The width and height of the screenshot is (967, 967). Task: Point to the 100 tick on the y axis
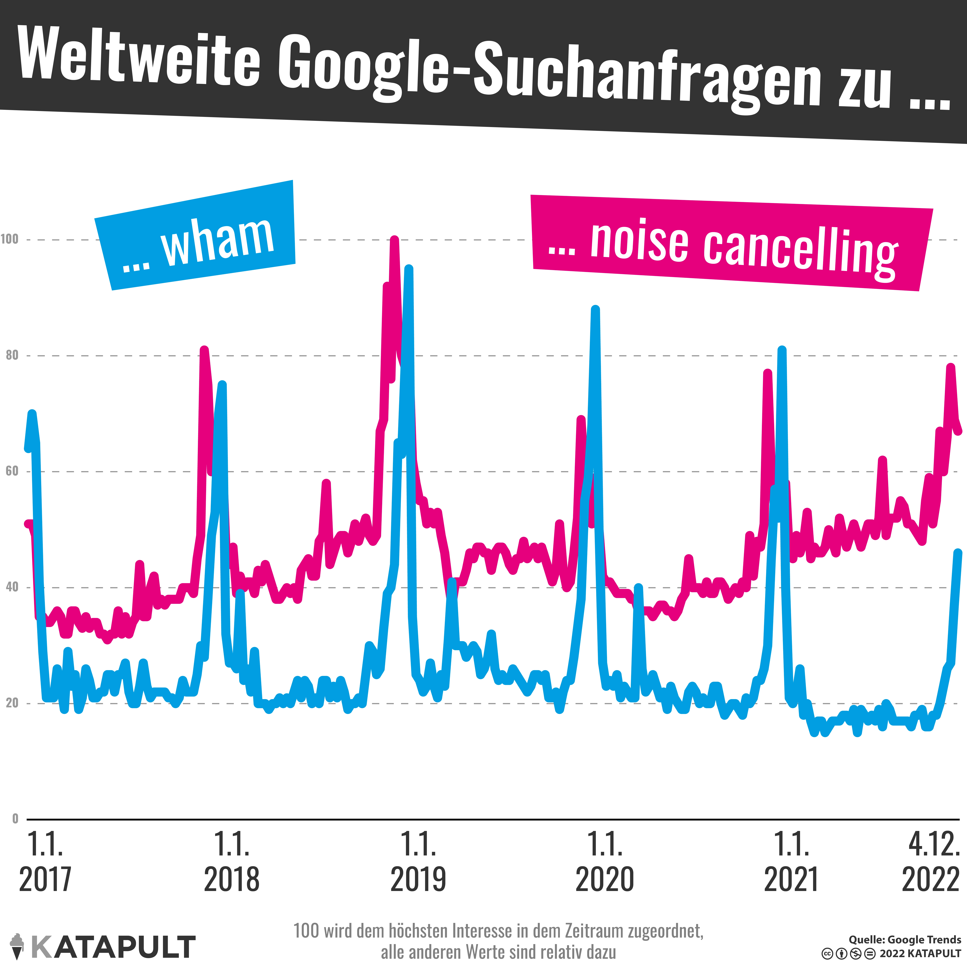pos(9,239)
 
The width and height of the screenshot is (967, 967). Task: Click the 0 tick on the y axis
pos(15,819)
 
